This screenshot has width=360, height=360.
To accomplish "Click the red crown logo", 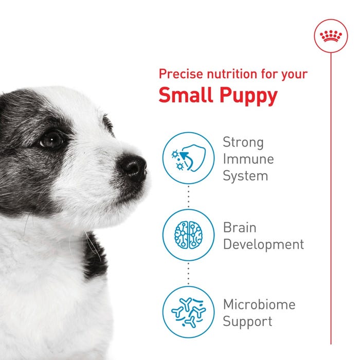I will [x=331, y=36].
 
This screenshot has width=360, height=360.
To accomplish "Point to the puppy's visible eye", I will [x=51, y=139].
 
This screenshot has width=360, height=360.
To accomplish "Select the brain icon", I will [x=188, y=235].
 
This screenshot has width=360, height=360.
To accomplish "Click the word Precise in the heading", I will [x=177, y=74].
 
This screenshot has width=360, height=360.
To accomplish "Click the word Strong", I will [x=243, y=142].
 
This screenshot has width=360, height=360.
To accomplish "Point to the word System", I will [x=245, y=176].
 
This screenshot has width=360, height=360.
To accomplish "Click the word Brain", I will [x=239, y=227].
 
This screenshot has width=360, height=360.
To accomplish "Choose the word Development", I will [x=263, y=244].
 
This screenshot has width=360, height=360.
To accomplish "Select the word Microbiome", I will [x=259, y=304].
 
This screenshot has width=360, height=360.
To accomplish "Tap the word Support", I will [x=247, y=322].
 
